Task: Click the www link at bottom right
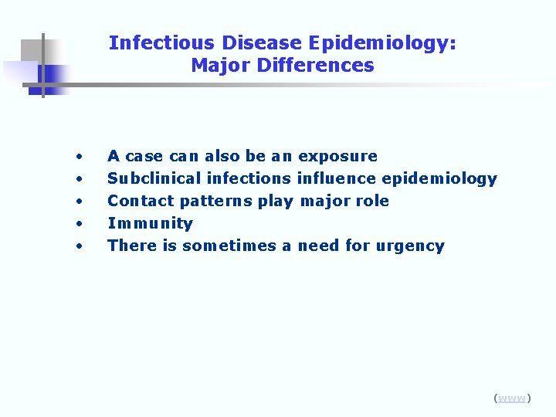(512, 398)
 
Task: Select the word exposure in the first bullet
(337, 157)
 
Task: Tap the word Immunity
(150, 224)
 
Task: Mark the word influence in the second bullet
(334, 179)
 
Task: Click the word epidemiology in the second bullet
(439, 179)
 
